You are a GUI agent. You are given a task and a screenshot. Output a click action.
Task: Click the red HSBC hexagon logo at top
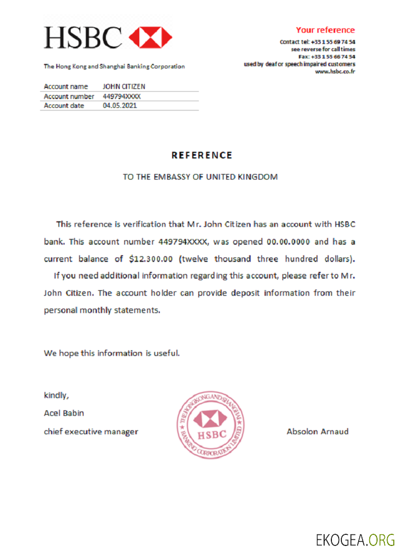[x=150, y=37]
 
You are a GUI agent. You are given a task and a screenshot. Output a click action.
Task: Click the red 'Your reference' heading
[x=325, y=30]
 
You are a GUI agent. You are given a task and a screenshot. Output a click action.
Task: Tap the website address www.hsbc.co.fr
[x=335, y=71]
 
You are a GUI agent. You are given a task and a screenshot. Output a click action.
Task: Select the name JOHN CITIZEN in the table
[x=124, y=87]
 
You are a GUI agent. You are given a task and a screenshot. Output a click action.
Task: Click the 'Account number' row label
[x=69, y=96]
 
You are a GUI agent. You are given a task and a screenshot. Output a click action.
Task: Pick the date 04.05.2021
[x=120, y=106]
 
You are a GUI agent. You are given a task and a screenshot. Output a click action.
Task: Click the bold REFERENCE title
[x=202, y=155]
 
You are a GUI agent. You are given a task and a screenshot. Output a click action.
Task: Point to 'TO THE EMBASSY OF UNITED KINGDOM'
[x=200, y=177]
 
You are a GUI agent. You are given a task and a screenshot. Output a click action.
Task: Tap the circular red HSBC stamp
[x=211, y=424]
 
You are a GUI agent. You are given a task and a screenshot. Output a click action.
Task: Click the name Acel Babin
[x=64, y=413]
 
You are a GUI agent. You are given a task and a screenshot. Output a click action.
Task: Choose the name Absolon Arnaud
[x=317, y=431]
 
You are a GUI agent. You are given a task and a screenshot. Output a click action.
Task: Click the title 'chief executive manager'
[x=91, y=431]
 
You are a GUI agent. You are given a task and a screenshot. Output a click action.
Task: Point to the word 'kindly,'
[x=56, y=396]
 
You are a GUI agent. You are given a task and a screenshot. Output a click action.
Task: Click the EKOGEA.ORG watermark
[x=355, y=539]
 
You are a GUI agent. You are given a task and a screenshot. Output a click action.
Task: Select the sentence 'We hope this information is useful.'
[x=112, y=353]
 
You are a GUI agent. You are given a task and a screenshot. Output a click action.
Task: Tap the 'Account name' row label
[x=66, y=87]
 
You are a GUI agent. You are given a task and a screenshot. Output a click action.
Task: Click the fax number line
[x=327, y=57]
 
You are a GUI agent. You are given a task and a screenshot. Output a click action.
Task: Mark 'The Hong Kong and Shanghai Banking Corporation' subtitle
[x=114, y=67]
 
